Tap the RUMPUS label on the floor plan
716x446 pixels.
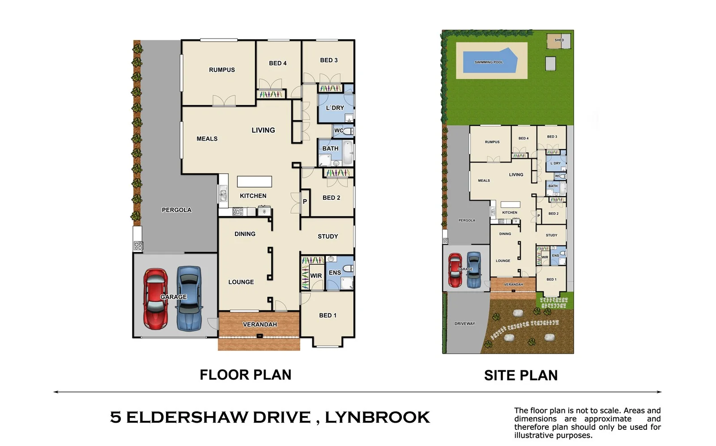(222, 70)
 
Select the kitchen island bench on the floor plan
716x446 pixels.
(254, 181)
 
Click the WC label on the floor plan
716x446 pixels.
(339, 131)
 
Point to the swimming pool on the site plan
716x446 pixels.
(489, 60)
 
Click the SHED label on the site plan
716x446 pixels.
(559, 40)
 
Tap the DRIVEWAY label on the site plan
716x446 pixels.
(465, 324)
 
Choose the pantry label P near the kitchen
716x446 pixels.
(305, 202)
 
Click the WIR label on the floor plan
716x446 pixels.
(316, 276)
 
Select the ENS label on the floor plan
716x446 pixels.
(335, 273)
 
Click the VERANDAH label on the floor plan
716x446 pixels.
(260, 325)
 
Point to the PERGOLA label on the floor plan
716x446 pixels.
(176, 210)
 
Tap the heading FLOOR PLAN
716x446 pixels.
(245, 375)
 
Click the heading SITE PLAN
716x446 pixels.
(520, 375)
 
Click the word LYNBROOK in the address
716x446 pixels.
(377, 417)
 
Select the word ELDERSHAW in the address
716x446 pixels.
(218, 417)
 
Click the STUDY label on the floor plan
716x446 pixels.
(328, 236)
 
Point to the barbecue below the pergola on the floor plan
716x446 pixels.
(138, 245)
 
